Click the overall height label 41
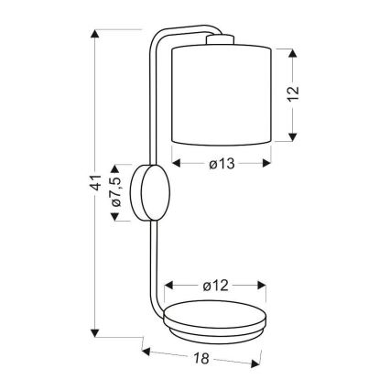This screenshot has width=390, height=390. point(96,183)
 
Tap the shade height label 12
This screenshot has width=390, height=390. point(293,94)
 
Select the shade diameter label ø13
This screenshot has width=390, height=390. point(222,164)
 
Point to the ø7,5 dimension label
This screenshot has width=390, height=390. point(116,191)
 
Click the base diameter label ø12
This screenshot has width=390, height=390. point(215,286)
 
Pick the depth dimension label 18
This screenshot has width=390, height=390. point(201,358)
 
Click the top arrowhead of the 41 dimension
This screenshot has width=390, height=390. point(95,34)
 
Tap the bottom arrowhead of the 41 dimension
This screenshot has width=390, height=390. point(95,333)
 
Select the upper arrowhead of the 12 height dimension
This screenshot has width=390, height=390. point(293,53)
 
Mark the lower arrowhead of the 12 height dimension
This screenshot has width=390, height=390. point(293,137)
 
